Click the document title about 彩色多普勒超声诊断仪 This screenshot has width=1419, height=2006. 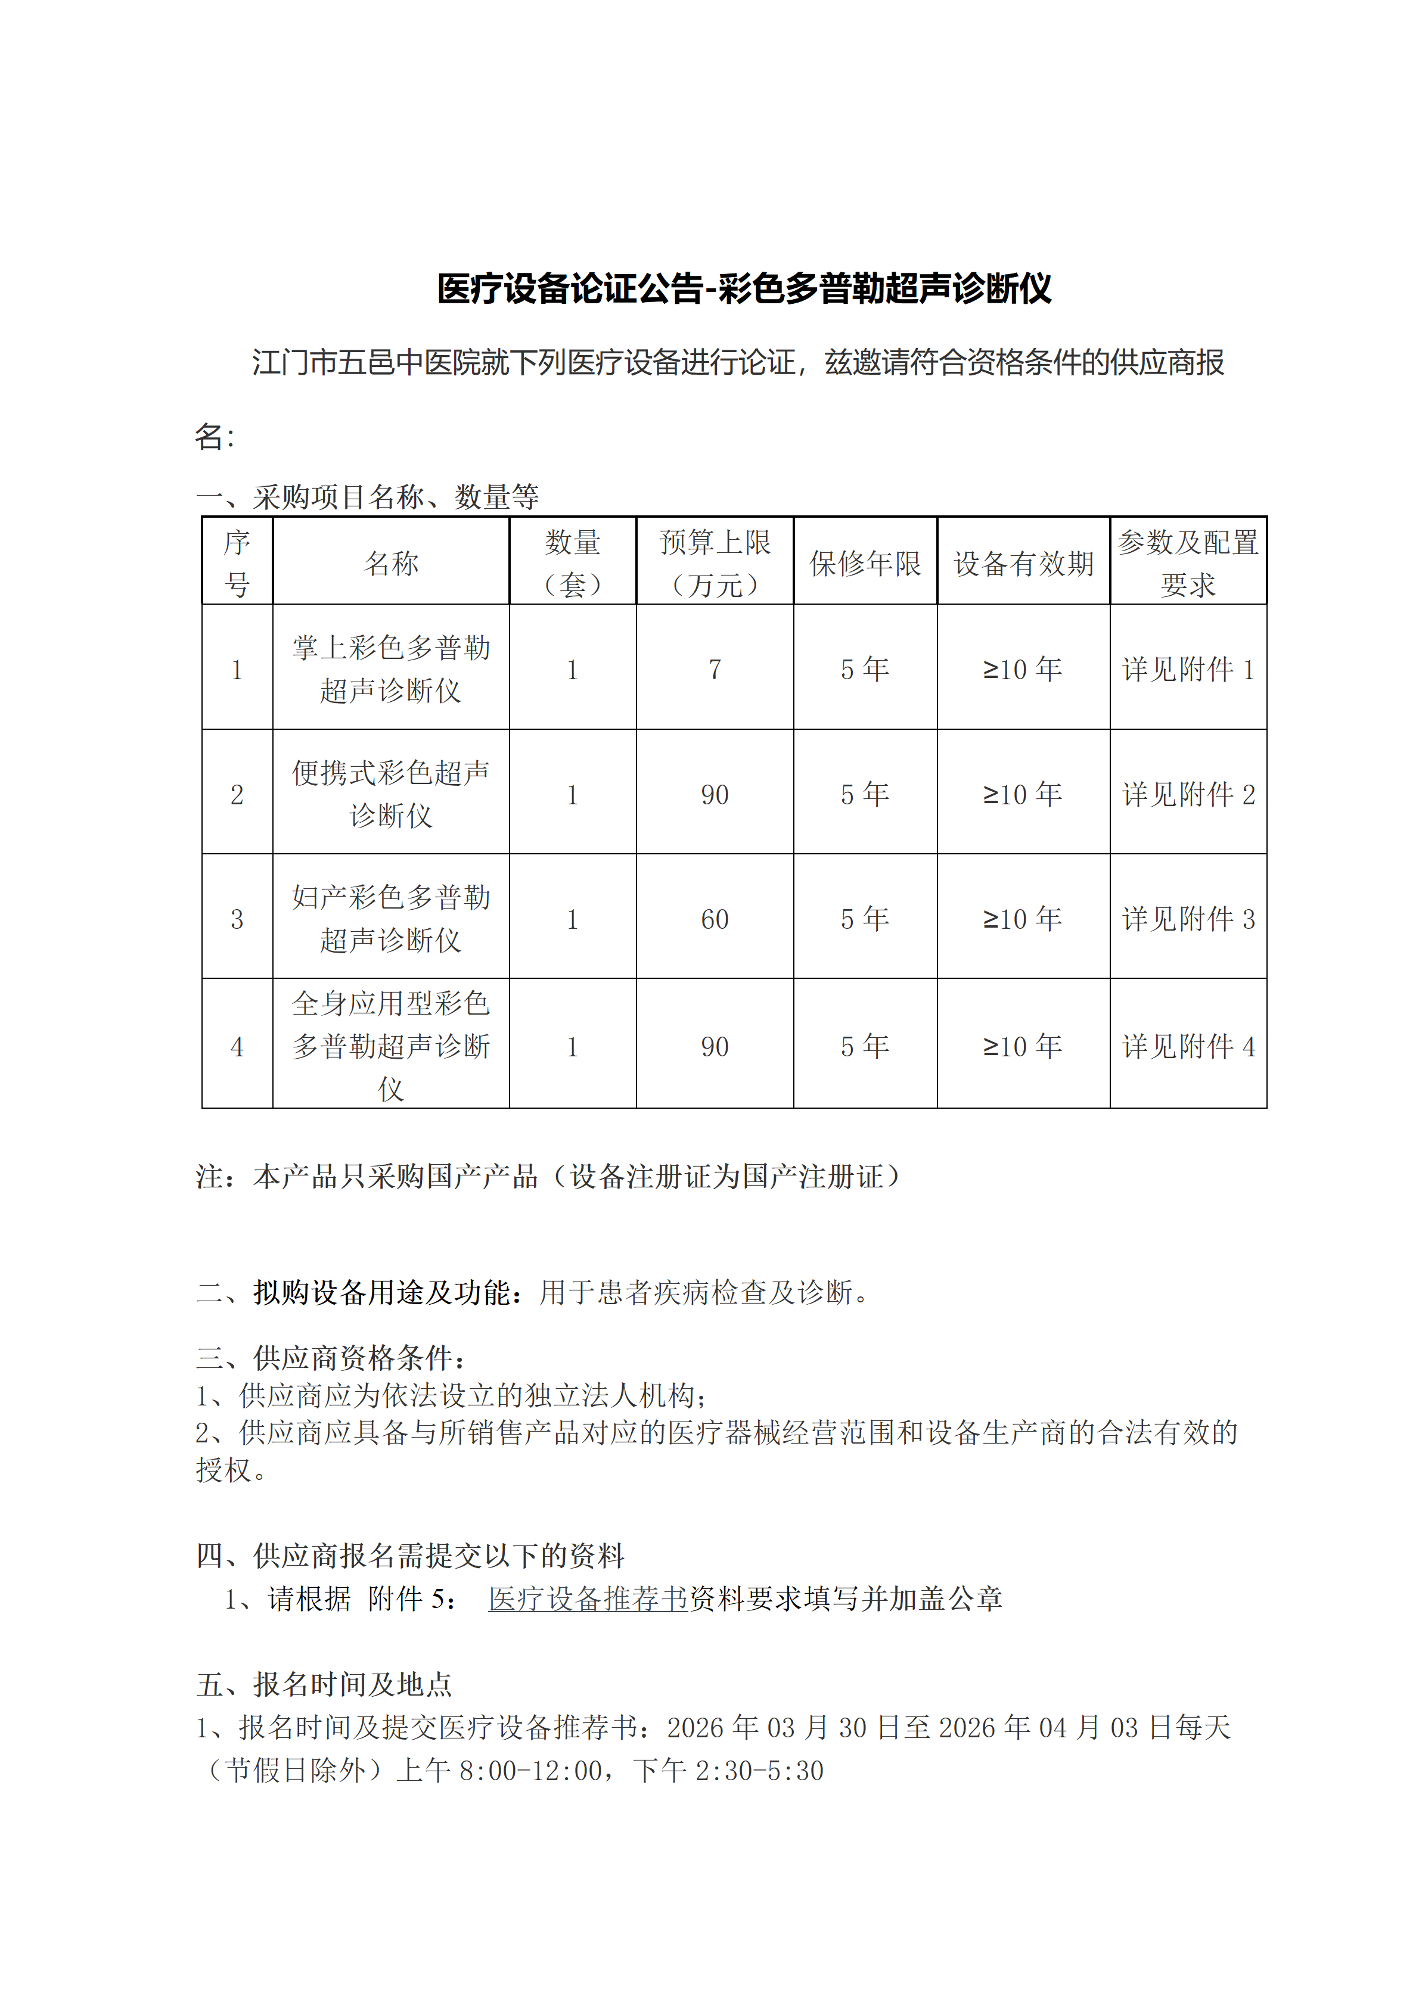pyautogui.click(x=744, y=289)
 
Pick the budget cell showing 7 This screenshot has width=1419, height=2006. pyautogui.click(x=715, y=669)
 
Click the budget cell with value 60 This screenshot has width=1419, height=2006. pyautogui.click(x=715, y=919)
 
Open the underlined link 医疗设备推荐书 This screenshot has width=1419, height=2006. pyautogui.click(x=588, y=1599)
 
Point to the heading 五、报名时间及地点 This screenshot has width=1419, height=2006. pyautogui.click(x=324, y=1684)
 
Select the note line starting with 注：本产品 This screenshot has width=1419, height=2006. pyautogui.click(x=548, y=1177)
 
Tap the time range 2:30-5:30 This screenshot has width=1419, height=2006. pyautogui.click(x=759, y=1770)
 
